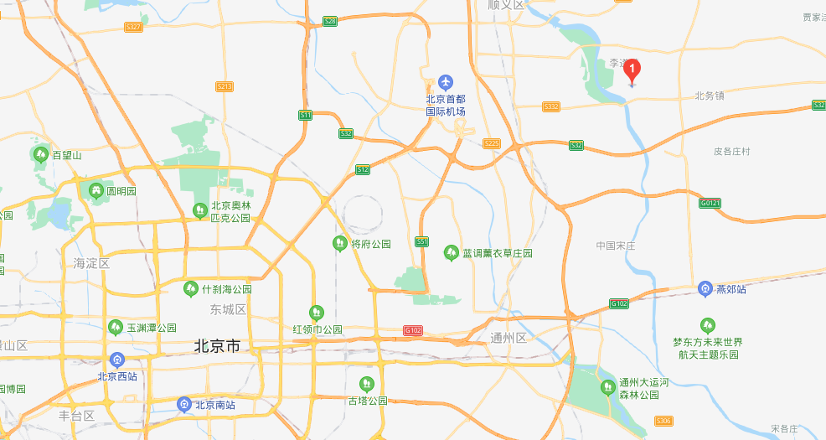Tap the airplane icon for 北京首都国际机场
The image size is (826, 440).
pyautogui.click(x=445, y=82)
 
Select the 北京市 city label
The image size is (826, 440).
pyautogui.click(x=217, y=345)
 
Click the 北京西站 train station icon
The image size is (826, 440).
pyautogui.click(x=116, y=360)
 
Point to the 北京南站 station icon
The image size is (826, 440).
pyautogui.click(x=184, y=405)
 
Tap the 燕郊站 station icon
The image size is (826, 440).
pyautogui.click(x=705, y=289)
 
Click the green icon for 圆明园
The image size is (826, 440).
pyautogui.click(x=96, y=191)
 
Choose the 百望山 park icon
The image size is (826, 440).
pyautogui.click(x=40, y=154)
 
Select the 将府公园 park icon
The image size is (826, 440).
pyautogui.click(x=339, y=244)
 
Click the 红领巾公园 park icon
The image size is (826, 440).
pyautogui.click(x=316, y=313)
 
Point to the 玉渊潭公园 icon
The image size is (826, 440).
pyautogui.click(x=116, y=328)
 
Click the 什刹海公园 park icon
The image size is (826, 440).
pyautogui.click(x=191, y=289)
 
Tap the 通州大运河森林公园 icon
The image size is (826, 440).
pyautogui.click(x=607, y=387)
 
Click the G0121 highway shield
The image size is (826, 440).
pyautogui.click(x=710, y=203)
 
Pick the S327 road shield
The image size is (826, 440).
pyautogui.click(x=132, y=27)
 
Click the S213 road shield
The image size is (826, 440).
pyautogui.click(x=224, y=86)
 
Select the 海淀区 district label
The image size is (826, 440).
pyautogui.click(x=91, y=263)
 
